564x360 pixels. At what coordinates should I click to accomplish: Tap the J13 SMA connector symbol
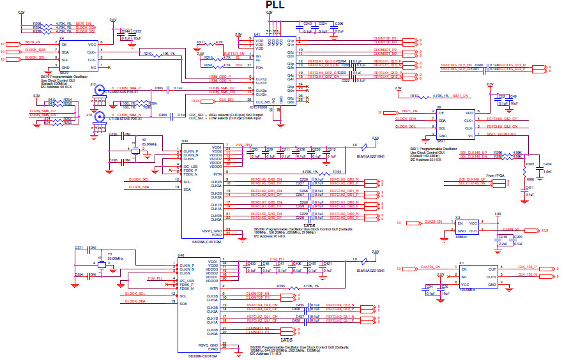tap(100, 91)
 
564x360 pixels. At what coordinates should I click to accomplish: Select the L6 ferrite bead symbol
tap(362, 146)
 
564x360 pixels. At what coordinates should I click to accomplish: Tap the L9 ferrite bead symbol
tap(362, 260)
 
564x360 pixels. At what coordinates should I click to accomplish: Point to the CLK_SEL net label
tap(227, 100)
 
